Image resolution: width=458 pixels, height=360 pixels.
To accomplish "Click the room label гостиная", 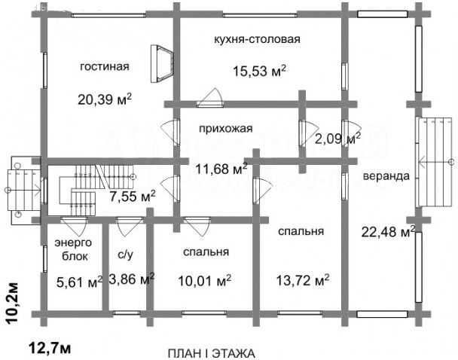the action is point(105,66).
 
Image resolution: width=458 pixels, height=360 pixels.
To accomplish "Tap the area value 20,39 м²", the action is point(105,99).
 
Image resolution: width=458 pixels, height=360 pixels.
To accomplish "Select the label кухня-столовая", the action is point(257,39).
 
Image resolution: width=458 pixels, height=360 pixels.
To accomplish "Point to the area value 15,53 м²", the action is point(259,71).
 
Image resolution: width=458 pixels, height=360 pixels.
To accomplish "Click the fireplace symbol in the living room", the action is point(162,64).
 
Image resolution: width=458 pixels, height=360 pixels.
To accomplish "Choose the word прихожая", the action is point(225,129).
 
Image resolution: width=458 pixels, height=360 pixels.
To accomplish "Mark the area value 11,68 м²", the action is point(221,169).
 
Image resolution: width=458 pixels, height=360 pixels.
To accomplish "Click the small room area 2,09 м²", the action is point(337,139).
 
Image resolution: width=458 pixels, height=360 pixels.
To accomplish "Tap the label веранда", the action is point(386,176).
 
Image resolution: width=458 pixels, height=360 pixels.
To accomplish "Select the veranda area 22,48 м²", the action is point(389,231).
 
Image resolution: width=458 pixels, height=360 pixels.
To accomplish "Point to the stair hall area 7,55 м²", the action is point(133,197).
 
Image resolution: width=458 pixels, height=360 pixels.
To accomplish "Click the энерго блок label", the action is point(73,249).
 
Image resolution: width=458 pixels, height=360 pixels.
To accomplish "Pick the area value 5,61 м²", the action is point(79,282).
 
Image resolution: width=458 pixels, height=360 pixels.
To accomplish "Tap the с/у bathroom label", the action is point(125,255).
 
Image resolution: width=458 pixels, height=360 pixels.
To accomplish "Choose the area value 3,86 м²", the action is point(132,279).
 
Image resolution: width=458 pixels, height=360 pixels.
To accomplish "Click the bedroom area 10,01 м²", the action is point(204,281).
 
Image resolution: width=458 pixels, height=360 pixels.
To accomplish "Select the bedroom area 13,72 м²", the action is point(303,280).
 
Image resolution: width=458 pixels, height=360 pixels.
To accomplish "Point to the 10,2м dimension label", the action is point(12,303).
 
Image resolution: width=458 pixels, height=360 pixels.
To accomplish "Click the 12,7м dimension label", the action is point(50,348).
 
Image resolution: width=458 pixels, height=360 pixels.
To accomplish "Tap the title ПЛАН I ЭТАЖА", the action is point(212,353).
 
